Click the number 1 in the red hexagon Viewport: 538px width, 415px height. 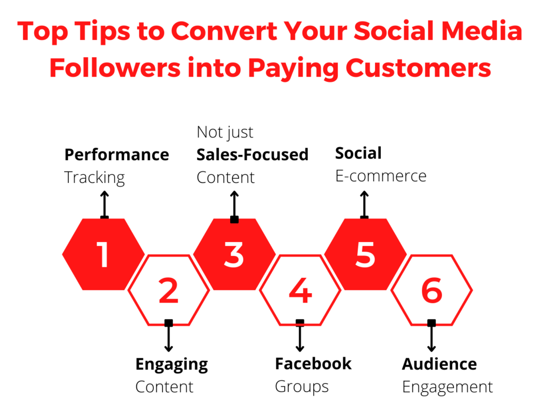click(103, 254)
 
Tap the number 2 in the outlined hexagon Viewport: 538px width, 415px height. click(169, 290)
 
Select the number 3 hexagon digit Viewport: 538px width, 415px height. click(234, 254)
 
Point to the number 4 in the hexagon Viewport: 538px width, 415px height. click(300, 290)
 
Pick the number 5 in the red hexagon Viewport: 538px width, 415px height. click(366, 254)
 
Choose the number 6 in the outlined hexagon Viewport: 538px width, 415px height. click(432, 290)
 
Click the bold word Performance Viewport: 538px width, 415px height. click(117, 154)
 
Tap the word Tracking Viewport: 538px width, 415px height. click(95, 178)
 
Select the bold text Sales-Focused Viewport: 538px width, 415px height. click(253, 154)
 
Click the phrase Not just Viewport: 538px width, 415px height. click(225, 132)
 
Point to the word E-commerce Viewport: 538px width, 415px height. click(381, 176)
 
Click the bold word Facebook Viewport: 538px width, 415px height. click(313, 364)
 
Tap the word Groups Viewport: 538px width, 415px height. click(302, 387)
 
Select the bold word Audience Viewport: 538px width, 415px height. click(440, 364)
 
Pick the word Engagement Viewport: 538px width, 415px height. click(448, 387)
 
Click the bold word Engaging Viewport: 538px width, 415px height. click(172, 365)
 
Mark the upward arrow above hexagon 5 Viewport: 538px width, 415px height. click(365, 205)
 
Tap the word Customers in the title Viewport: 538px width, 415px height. click(418, 68)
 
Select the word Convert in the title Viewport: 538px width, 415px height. click(224, 31)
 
